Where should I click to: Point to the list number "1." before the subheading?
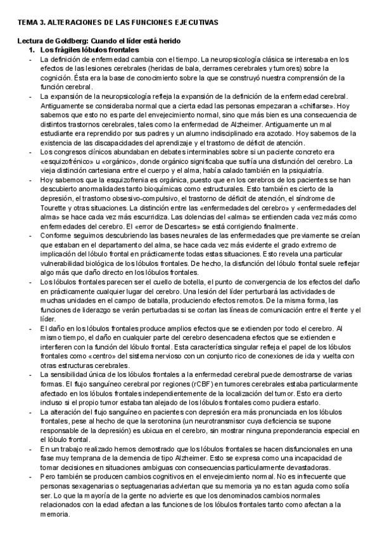point(32,49)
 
